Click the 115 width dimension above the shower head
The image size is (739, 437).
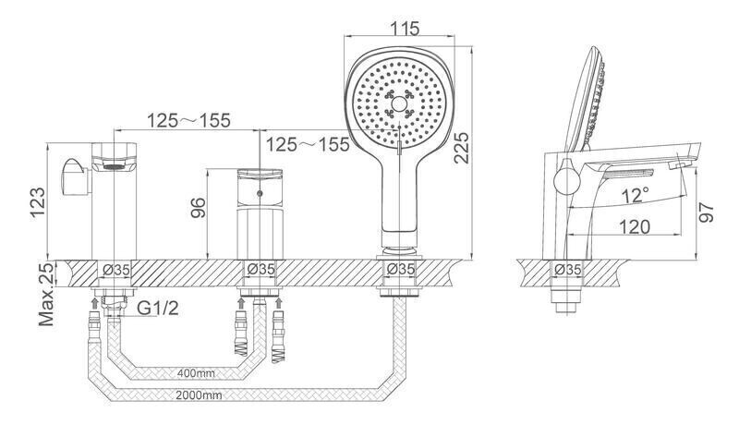pyautogui.click(x=405, y=29)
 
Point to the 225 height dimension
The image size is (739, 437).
pyautogui.click(x=461, y=148)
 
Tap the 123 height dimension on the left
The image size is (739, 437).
pyautogui.click(x=38, y=202)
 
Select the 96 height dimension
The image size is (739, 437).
pyautogui.click(x=198, y=208)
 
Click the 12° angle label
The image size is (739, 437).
pyautogui.click(x=635, y=195)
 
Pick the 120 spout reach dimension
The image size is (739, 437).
pyautogui.click(x=635, y=226)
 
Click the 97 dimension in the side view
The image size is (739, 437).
pyautogui.click(x=706, y=212)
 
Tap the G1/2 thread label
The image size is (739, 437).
pyautogui.click(x=158, y=309)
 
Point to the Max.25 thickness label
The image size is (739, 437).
pyautogui.click(x=46, y=295)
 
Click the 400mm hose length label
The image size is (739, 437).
pyautogui.click(x=196, y=373)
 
